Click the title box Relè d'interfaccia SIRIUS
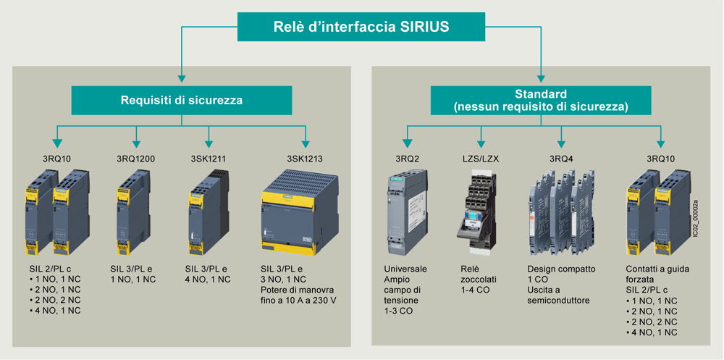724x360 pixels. click(361, 28)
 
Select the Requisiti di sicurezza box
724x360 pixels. click(181, 100)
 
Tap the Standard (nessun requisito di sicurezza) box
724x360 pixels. click(540, 100)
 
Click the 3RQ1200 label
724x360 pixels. click(135, 159)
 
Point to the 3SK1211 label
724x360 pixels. click(209, 159)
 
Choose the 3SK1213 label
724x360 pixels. click(305, 159)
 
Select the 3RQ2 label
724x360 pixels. click(408, 159)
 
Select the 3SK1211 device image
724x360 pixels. click(204, 214)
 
